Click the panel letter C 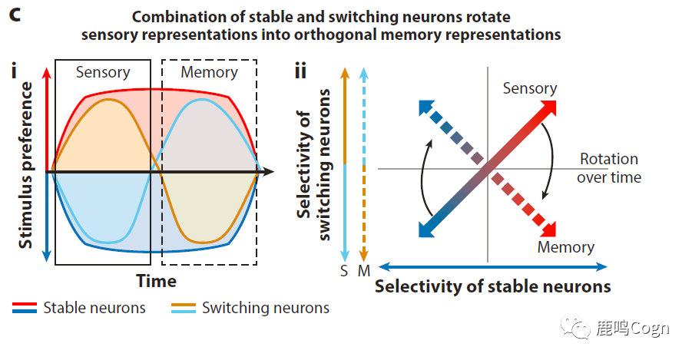pos(15,15)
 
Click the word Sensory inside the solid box pos(103,72)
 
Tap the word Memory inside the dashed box pos(209,72)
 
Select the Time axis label pos(156,281)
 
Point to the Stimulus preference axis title pos(26,164)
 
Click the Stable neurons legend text pos(94,308)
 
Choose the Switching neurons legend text pos(265,308)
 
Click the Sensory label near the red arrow pos(530,88)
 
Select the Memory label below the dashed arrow pos(565,247)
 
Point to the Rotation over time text pos(610,168)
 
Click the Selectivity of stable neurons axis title pos(492,286)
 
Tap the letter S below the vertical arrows pos(345,269)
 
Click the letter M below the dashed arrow pos(364,269)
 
